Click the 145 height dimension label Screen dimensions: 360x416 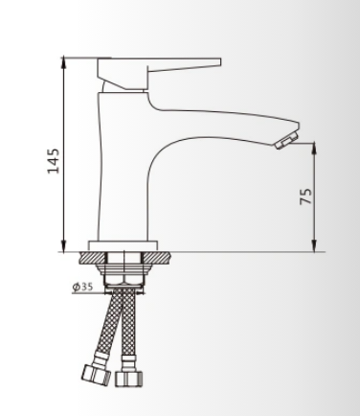(54, 161)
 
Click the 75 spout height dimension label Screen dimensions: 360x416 (305, 196)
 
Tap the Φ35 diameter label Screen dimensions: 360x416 (82, 287)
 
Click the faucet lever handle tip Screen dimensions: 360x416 (220, 62)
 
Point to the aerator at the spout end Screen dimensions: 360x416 (286, 141)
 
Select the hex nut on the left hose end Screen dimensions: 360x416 (97, 376)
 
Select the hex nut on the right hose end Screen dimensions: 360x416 (128, 379)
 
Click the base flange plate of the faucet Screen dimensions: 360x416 (124, 246)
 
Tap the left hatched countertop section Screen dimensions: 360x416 (92, 258)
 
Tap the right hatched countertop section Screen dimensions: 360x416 (156, 258)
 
